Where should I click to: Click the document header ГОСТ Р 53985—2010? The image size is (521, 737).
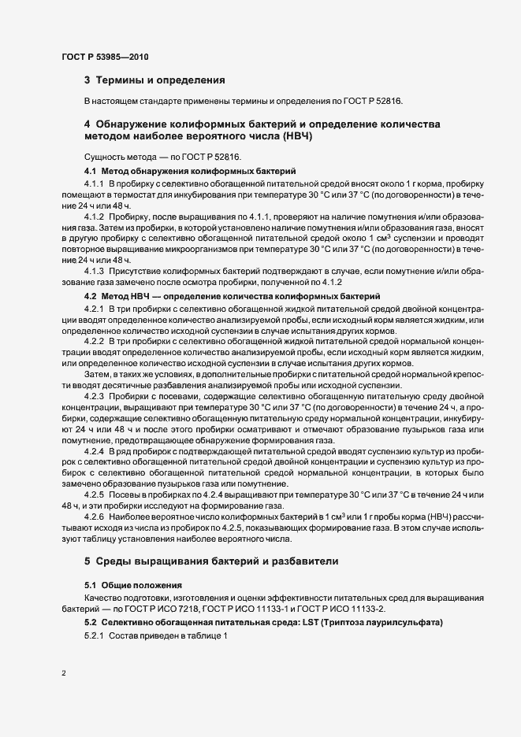click(104, 57)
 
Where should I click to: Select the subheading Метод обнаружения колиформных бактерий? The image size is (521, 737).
click(199, 171)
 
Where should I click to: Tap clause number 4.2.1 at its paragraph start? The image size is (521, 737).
click(95, 307)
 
